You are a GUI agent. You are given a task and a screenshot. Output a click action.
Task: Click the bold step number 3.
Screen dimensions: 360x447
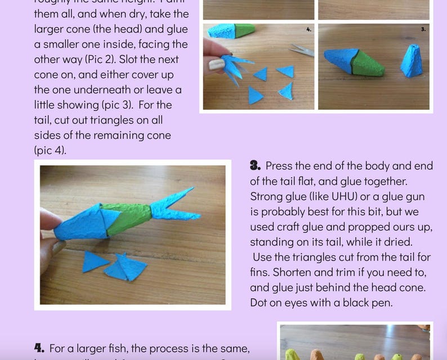pyautogui.click(x=255, y=166)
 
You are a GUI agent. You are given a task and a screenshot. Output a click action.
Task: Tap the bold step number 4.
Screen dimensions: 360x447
pyautogui.click(x=39, y=348)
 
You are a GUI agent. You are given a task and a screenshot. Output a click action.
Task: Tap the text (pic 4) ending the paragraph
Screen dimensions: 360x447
pyautogui.click(x=50, y=150)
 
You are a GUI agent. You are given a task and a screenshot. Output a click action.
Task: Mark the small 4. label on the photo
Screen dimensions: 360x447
pyautogui.click(x=309, y=29)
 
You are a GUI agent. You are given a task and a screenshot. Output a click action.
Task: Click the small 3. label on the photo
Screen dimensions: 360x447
pyautogui.click(x=423, y=29)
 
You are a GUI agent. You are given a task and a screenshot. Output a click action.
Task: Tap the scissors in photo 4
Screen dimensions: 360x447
pyautogui.click(x=301, y=51)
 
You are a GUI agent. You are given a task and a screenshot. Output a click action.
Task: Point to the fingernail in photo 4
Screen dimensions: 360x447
pyautogui.click(x=216, y=64)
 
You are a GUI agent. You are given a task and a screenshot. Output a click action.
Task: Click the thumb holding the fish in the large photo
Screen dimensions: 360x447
pyautogui.click(x=50, y=219)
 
